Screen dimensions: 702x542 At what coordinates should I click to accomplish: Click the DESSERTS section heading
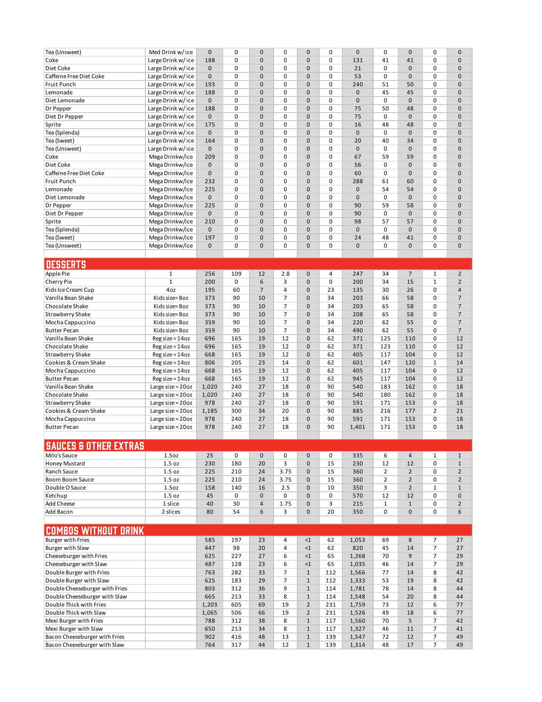click(66, 264)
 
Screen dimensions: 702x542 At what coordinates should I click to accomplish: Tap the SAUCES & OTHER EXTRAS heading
click(95, 446)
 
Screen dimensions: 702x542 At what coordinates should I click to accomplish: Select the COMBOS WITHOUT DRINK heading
click(95, 531)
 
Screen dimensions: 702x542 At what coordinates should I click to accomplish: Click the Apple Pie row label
click(57, 274)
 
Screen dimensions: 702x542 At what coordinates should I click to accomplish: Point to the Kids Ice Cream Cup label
click(69, 290)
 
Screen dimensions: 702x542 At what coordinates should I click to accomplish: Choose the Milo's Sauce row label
click(61, 456)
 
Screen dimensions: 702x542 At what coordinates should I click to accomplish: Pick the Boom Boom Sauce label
click(69, 480)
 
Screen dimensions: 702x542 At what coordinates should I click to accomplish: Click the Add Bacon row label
click(59, 512)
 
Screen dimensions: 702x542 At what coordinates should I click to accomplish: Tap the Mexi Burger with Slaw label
click(74, 629)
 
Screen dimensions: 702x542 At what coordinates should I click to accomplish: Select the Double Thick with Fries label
click(76, 605)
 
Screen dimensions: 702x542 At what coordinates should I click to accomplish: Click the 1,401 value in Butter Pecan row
click(357, 427)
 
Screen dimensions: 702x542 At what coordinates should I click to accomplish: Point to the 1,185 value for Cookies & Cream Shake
click(210, 411)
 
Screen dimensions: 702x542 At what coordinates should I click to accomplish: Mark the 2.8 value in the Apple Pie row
click(285, 274)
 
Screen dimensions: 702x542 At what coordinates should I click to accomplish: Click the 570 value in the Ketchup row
click(358, 496)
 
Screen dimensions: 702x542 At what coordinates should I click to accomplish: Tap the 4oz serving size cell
click(171, 290)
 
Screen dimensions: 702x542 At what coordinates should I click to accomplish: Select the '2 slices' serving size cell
click(171, 512)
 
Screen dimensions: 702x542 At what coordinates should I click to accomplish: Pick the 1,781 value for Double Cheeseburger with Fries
click(357, 589)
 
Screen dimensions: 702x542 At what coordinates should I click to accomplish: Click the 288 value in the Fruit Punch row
click(358, 181)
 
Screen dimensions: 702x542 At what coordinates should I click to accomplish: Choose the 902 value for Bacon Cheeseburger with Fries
click(210, 637)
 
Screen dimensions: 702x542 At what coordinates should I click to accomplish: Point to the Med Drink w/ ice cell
click(171, 52)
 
